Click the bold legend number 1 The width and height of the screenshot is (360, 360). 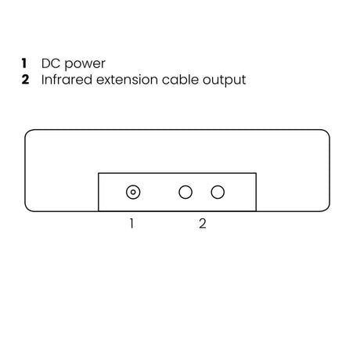click(x=24, y=63)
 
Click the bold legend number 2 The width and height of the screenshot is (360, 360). click(x=25, y=79)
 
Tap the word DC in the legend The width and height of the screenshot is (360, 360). click(x=51, y=63)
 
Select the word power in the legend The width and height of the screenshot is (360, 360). click(x=85, y=64)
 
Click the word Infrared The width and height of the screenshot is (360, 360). click(x=67, y=79)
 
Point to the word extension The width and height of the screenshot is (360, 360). click(x=127, y=80)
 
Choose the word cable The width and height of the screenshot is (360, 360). click(x=180, y=79)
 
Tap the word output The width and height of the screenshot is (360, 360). click(x=225, y=81)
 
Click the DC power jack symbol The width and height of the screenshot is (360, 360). click(x=133, y=193)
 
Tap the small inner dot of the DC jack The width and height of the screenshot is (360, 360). click(x=133, y=193)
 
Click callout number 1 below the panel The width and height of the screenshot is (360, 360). click(x=131, y=224)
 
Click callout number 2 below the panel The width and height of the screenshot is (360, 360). click(x=203, y=224)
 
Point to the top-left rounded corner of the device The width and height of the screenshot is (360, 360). click(x=27, y=132)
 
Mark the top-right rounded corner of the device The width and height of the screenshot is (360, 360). click(x=327, y=132)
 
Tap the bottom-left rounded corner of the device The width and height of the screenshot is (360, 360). click(x=27, y=208)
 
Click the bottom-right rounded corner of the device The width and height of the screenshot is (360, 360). click(x=327, y=208)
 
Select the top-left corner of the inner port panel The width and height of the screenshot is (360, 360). click(x=99, y=173)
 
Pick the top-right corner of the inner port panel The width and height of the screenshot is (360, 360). click(x=256, y=173)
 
